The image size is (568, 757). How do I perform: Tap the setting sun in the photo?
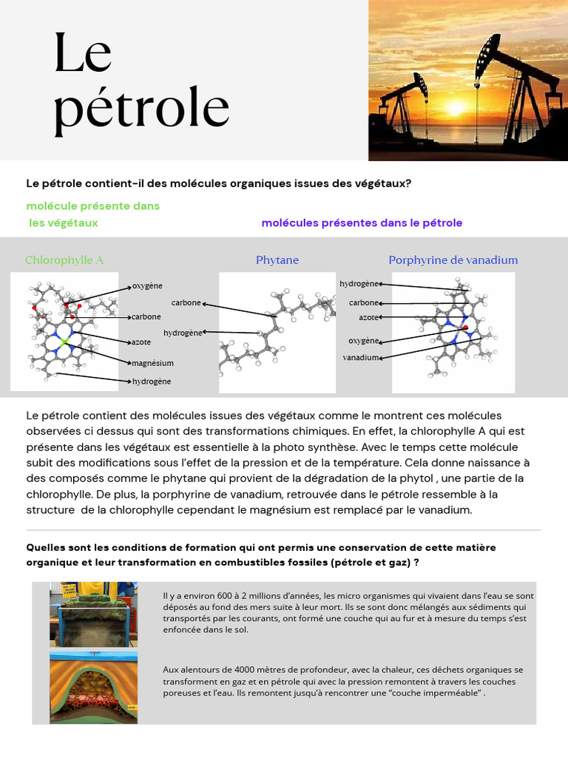455,109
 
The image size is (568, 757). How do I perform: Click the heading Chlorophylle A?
64,260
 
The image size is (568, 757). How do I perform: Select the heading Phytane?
277,260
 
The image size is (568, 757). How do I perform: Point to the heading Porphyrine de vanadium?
453,260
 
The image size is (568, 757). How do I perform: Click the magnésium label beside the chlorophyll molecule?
152,364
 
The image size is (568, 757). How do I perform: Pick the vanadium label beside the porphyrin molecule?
362,358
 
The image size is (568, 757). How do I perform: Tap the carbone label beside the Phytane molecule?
186,302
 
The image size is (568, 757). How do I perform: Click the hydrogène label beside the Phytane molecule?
183,333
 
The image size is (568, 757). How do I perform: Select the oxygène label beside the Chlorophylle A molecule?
147,286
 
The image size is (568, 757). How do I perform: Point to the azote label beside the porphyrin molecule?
369,317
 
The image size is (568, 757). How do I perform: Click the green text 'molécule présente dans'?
93,206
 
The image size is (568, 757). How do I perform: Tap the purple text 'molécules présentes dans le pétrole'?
362,223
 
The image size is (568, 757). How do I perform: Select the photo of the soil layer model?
93,614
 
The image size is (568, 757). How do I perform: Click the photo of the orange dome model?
93,688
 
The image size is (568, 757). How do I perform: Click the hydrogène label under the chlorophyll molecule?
152,381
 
